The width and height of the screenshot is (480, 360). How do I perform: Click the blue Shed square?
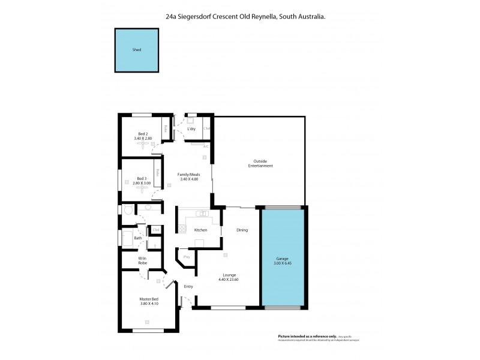click(x=137, y=50)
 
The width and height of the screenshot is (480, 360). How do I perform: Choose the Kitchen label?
click(x=200, y=230)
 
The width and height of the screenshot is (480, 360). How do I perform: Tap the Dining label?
click(x=242, y=230)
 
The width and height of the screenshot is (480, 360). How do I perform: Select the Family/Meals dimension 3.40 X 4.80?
click(x=189, y=179)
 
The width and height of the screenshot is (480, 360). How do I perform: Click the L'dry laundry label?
click(x=191, y=129)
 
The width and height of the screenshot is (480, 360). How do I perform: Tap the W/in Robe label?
click(x=142, y=261)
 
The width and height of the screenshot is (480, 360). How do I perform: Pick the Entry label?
click(x=188, y=286)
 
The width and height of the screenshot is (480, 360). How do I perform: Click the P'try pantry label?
click(x=187, y=257)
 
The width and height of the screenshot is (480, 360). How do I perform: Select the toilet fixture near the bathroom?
click(x=127, y=210)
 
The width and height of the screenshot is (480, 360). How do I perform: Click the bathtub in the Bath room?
click(x=127, y=239)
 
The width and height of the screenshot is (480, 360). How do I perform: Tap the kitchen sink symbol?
click(x=204, y=214)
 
